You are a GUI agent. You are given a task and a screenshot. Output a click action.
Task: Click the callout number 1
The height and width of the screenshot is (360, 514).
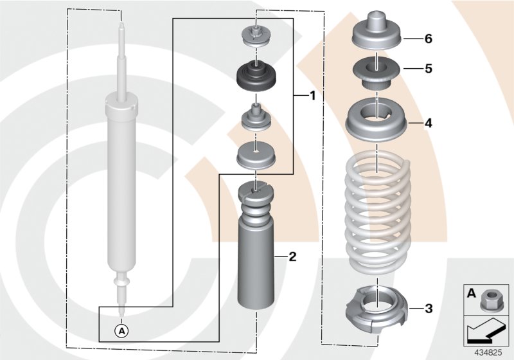(312, 96)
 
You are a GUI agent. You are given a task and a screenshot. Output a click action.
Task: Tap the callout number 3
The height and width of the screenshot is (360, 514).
(429, 309)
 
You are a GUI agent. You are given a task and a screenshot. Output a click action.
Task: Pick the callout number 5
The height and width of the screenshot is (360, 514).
(429, 67)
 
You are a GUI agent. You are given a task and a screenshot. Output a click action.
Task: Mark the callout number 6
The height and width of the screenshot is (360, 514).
(429, 39)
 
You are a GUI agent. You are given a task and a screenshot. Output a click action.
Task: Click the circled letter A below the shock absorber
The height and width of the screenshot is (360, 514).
(121, 331)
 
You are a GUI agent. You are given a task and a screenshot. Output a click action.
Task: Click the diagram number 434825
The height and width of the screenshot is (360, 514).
(488, 351)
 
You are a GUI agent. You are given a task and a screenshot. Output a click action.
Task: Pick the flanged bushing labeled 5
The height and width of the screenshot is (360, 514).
(377, 71)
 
